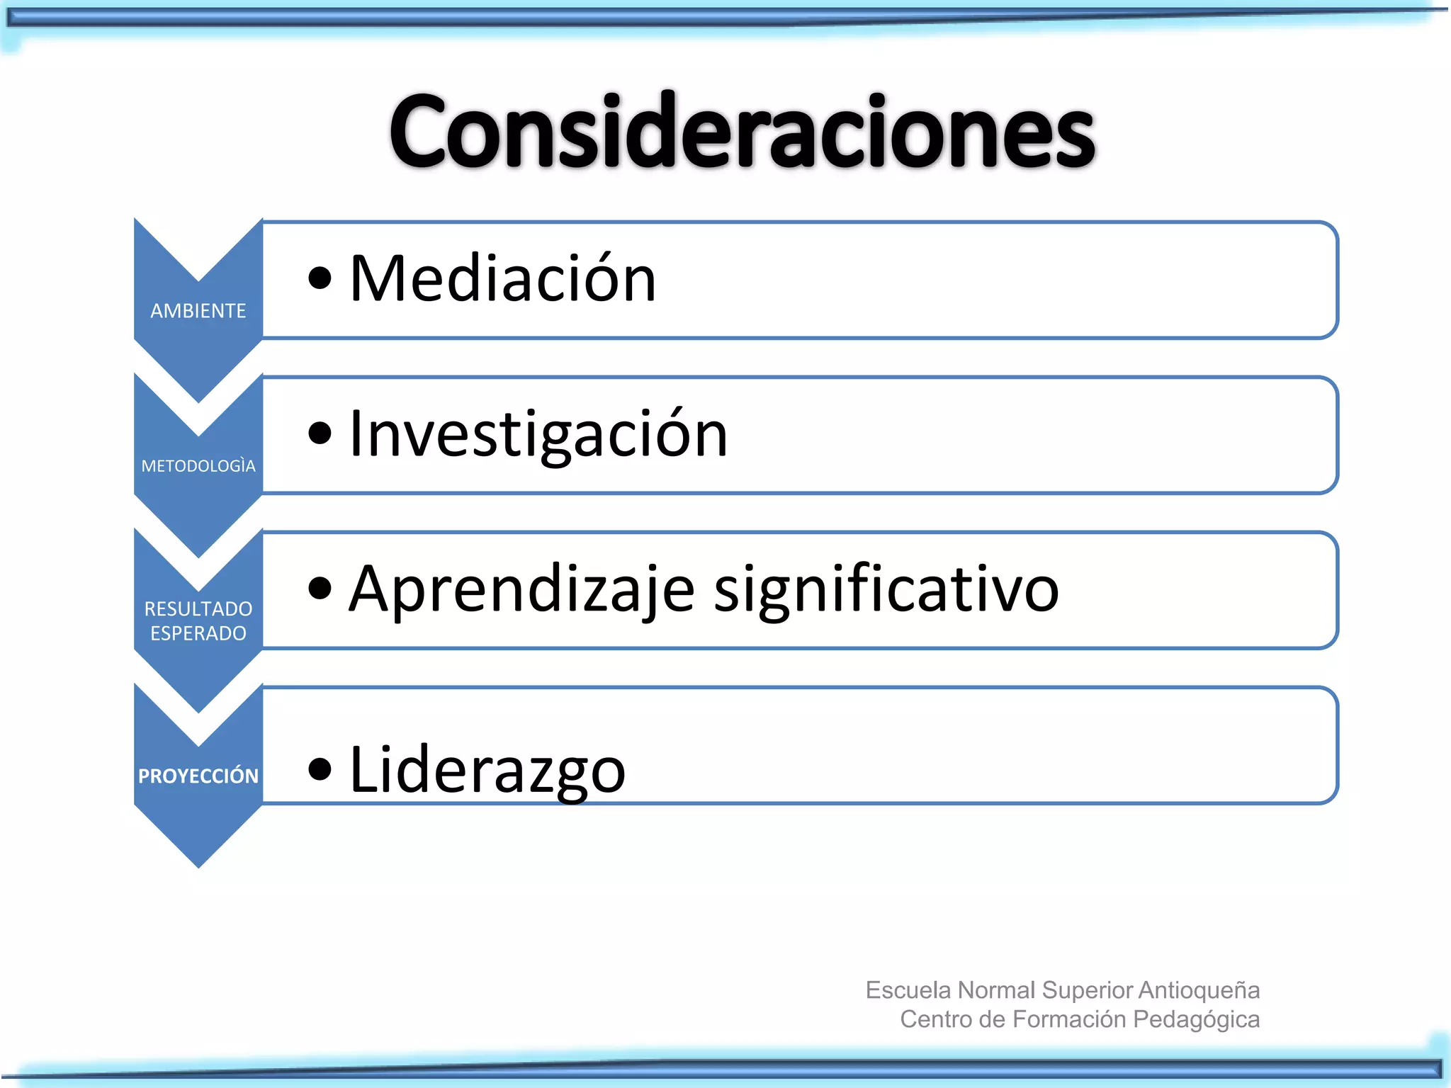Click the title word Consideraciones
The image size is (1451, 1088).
point(742,132)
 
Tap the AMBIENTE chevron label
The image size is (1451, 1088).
point(198,311)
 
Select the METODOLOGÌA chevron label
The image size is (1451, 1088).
point(198,466)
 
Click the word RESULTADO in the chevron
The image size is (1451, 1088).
point(198,609)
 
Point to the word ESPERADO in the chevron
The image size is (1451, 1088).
point(198,633)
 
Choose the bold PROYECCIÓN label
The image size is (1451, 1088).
point(198,776)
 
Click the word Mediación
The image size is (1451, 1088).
point(503,279)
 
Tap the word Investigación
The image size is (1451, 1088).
point(538,434)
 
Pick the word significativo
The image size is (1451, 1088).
point(886,589)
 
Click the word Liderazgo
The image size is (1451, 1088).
point(487,770)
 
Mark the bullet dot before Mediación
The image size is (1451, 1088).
point(320,278)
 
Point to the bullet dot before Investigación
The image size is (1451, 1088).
point(320,433)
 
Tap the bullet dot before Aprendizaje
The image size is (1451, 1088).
point(320,589)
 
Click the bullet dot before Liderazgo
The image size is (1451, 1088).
point(320,769)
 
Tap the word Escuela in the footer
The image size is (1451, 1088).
point(908,990)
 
